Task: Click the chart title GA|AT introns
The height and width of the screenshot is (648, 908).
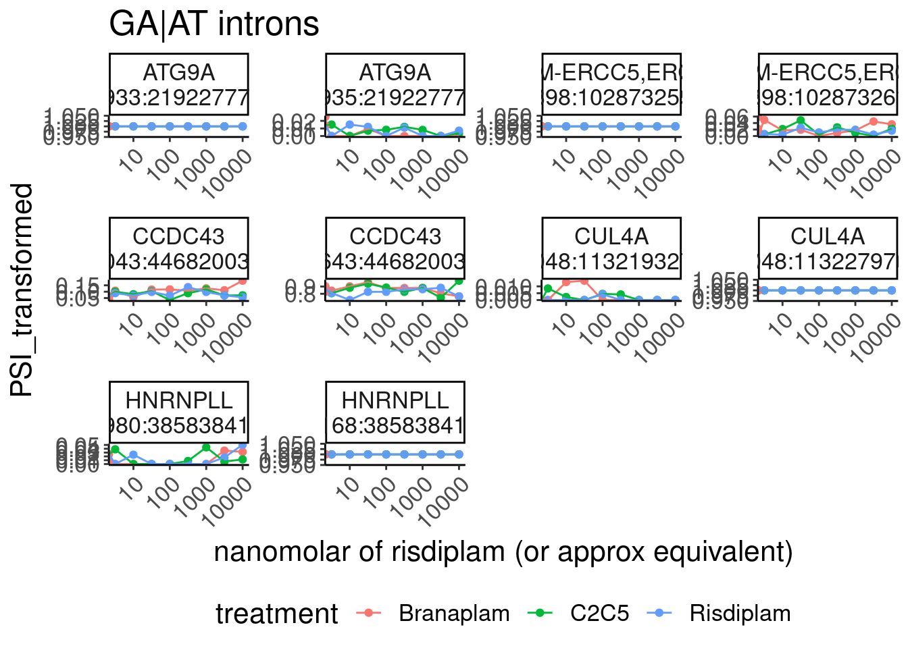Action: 213,24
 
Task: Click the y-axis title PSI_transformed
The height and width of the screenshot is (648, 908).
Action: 22,290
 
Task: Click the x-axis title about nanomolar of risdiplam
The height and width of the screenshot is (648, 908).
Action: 503,551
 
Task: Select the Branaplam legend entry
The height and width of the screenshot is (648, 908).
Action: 454,613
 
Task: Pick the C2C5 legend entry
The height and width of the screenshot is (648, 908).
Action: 599,613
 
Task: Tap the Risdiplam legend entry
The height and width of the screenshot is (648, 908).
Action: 740,613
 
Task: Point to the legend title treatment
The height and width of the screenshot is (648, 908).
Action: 276,614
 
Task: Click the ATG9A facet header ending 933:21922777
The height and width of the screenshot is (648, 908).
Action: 179,84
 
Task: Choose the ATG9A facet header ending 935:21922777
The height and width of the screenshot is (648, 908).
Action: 395,84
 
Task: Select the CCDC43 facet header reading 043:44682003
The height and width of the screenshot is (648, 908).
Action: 179,248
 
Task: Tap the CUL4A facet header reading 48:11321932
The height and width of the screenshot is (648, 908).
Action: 611,248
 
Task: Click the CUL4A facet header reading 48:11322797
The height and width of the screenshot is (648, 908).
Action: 828,248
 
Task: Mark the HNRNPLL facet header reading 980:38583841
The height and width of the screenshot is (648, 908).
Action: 179,412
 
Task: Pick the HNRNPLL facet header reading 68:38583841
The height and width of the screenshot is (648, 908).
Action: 395,412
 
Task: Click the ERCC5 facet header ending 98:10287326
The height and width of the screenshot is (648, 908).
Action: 828,84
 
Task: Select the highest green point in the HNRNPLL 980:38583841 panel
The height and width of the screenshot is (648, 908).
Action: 206,448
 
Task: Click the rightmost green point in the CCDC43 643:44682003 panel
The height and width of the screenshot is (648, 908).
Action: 459,281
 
